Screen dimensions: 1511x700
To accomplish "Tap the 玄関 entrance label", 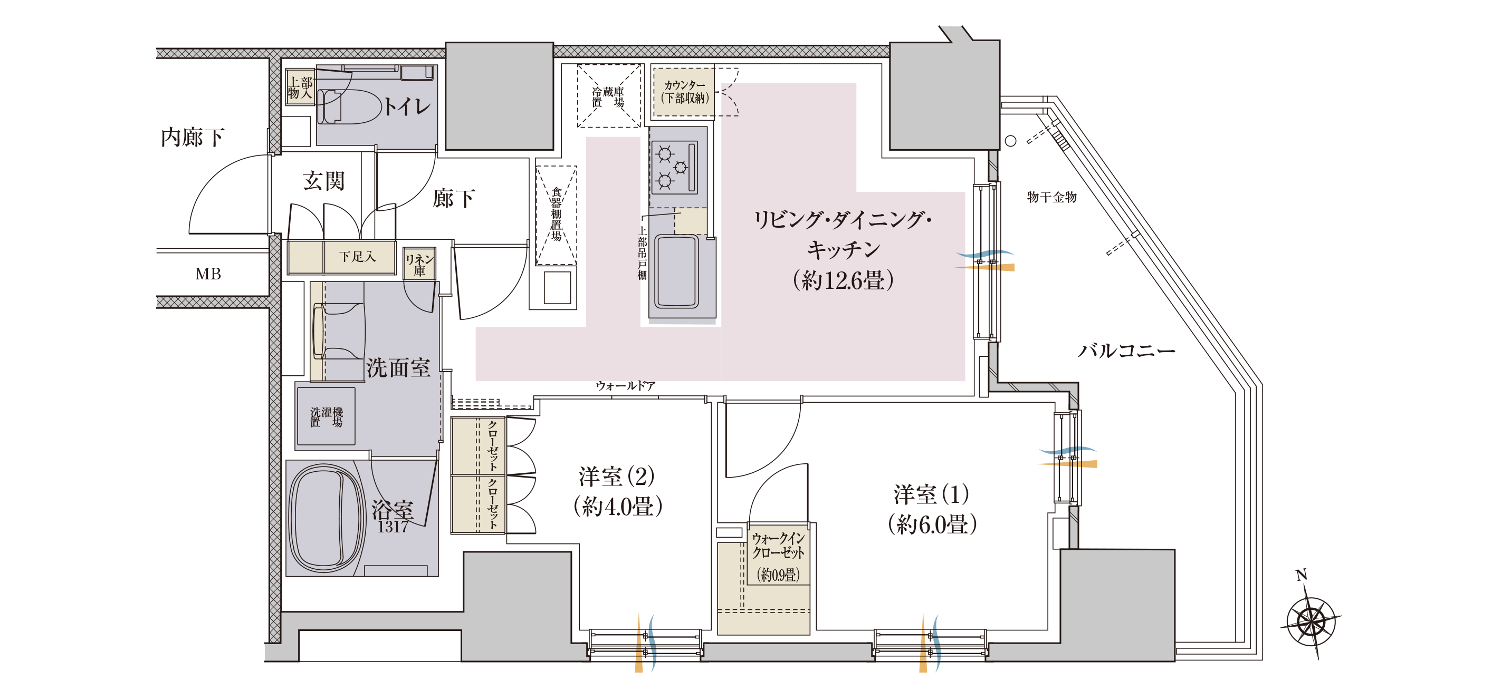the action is tap(324, 181).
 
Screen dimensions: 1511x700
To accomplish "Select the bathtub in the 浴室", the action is tap(325, 518).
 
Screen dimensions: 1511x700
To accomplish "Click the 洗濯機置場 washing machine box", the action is tap(326, 417).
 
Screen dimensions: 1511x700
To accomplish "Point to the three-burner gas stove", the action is tap(674, 167).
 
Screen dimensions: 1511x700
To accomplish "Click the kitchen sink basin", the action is tap(677, 271).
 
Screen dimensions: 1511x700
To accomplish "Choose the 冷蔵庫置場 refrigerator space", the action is tap(608, 96).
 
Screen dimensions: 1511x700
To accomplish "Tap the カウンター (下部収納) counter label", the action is tap(684, 92).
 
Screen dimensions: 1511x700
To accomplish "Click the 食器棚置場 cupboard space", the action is tap(556, 215).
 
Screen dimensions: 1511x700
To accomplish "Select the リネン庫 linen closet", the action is tap(419, 265).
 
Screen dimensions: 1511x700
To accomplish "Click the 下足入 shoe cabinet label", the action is tap(357, 257).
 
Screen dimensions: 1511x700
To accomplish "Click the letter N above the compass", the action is tap(1301, 575).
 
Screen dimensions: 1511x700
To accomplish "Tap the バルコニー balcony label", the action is tap(1126, 351).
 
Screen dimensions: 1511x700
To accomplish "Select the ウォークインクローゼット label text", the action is tap(778, 545).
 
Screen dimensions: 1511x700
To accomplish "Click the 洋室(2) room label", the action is tap(617, 477).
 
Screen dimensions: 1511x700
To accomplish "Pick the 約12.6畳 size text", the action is tap(843, 280).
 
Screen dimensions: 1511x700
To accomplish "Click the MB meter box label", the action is tap(208, 274).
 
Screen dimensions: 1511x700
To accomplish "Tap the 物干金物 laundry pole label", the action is tap(1051, 197).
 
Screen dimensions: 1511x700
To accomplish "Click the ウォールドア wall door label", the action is tap(625, 385).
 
